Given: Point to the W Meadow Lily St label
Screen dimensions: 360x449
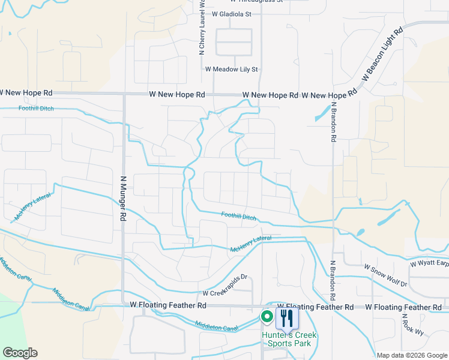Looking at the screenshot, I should point(231,70).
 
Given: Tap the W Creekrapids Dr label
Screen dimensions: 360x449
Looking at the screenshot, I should point(225,293).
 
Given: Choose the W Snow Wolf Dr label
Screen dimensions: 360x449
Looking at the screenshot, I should point(385,266).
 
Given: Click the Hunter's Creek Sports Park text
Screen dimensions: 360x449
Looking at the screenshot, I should point(289,339).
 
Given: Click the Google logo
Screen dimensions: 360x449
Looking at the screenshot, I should point(20,353).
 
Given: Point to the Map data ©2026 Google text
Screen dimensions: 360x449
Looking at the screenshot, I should point(412,355).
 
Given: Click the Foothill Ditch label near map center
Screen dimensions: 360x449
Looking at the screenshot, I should point(240,216).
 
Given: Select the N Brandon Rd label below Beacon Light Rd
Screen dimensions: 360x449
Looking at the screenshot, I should point(332,122).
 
